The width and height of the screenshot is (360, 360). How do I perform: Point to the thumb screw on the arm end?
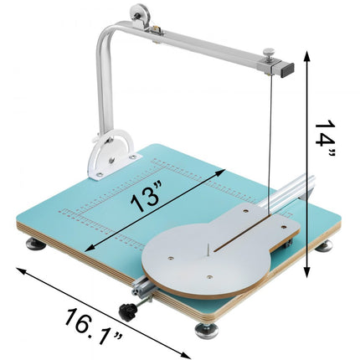265,53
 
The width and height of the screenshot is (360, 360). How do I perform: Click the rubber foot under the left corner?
35,244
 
